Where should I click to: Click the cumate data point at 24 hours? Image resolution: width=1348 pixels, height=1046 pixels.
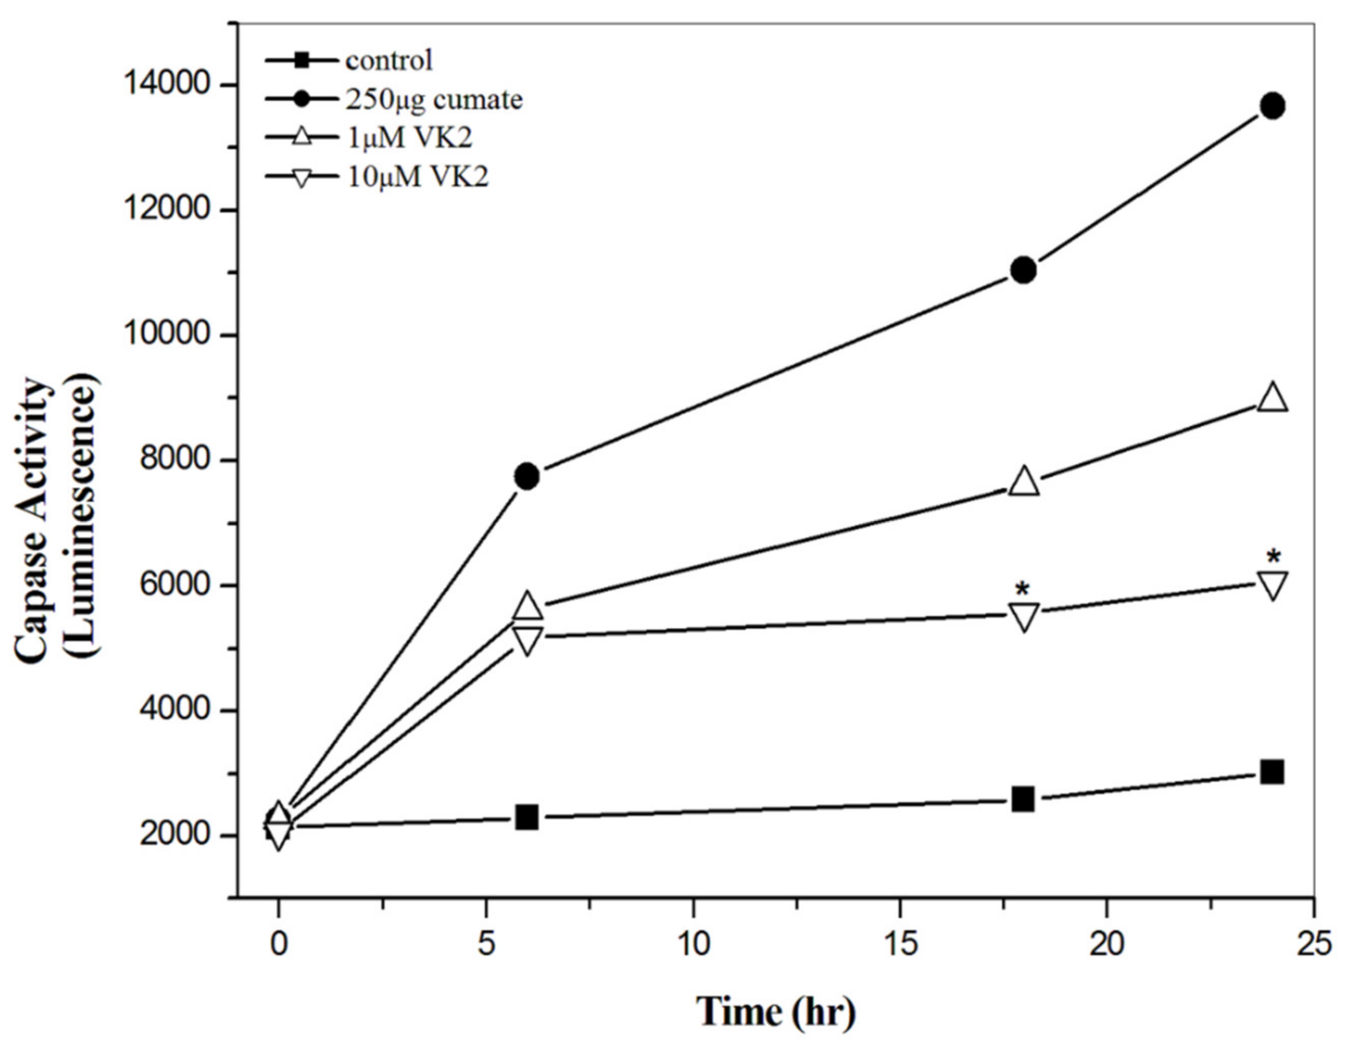coord(1273,106)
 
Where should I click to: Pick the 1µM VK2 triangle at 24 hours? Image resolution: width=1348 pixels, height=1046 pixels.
coord(1273,398)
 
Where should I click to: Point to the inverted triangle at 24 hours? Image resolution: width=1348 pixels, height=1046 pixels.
coord(1273,584)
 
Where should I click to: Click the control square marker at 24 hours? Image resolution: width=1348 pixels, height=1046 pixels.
coord(1273,771)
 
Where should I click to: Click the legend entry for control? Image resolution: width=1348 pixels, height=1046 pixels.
coord(389,61)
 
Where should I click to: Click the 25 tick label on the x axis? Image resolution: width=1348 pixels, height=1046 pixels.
coord(1312,945)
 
